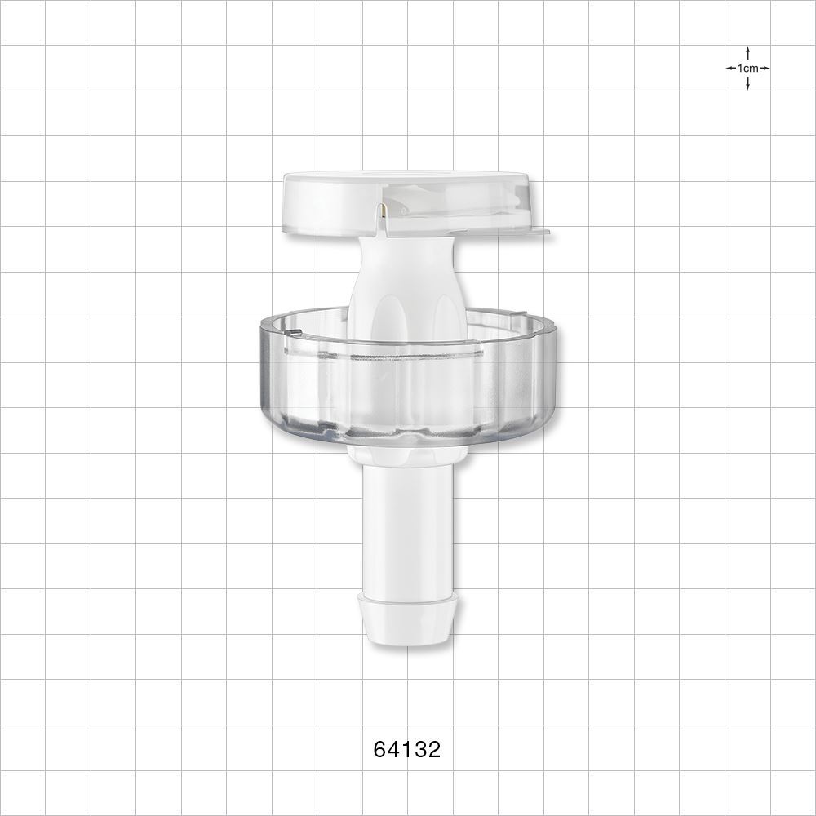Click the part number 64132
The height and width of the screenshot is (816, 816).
tap(407, 750)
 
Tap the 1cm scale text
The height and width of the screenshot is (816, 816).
tap(747, 69)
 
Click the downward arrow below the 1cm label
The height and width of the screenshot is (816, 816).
tap(747, 84)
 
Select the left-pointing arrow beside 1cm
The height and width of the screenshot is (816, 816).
tap(731, 69)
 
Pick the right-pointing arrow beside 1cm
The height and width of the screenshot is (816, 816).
tap(765, 69)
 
